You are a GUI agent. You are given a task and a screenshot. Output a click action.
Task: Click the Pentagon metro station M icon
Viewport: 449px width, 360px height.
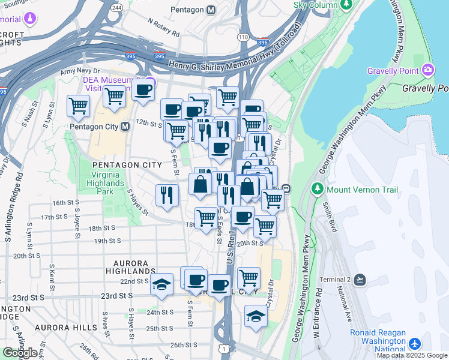(x=211, y=10)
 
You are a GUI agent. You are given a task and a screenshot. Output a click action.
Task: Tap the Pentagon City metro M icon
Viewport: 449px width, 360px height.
(x=125, y=127)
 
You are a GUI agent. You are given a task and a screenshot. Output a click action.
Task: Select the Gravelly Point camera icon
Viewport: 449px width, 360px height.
(x=428, y=70)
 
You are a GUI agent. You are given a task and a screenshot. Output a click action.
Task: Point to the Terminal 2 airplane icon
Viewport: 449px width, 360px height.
(x=360, y=280)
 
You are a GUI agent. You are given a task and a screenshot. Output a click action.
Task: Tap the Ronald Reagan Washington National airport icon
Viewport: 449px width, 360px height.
(x=415, y=344)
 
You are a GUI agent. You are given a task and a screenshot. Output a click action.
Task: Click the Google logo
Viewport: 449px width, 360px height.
(x=20, y=353)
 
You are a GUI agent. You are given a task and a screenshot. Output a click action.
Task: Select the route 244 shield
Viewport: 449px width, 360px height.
(x=116, y=8)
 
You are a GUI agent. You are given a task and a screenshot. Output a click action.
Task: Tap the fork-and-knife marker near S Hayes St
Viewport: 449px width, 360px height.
(x=167, y=194)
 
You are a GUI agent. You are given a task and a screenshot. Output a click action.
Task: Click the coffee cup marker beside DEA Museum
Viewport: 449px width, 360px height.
(x=143, y=90)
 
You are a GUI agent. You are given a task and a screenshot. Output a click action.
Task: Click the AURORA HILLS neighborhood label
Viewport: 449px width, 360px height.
(x=66, y=328)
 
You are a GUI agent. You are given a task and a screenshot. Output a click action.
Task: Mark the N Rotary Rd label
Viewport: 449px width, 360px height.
(x=163, y=27)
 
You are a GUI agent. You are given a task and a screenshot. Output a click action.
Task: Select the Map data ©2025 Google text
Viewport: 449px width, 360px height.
(x=412, y=355)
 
